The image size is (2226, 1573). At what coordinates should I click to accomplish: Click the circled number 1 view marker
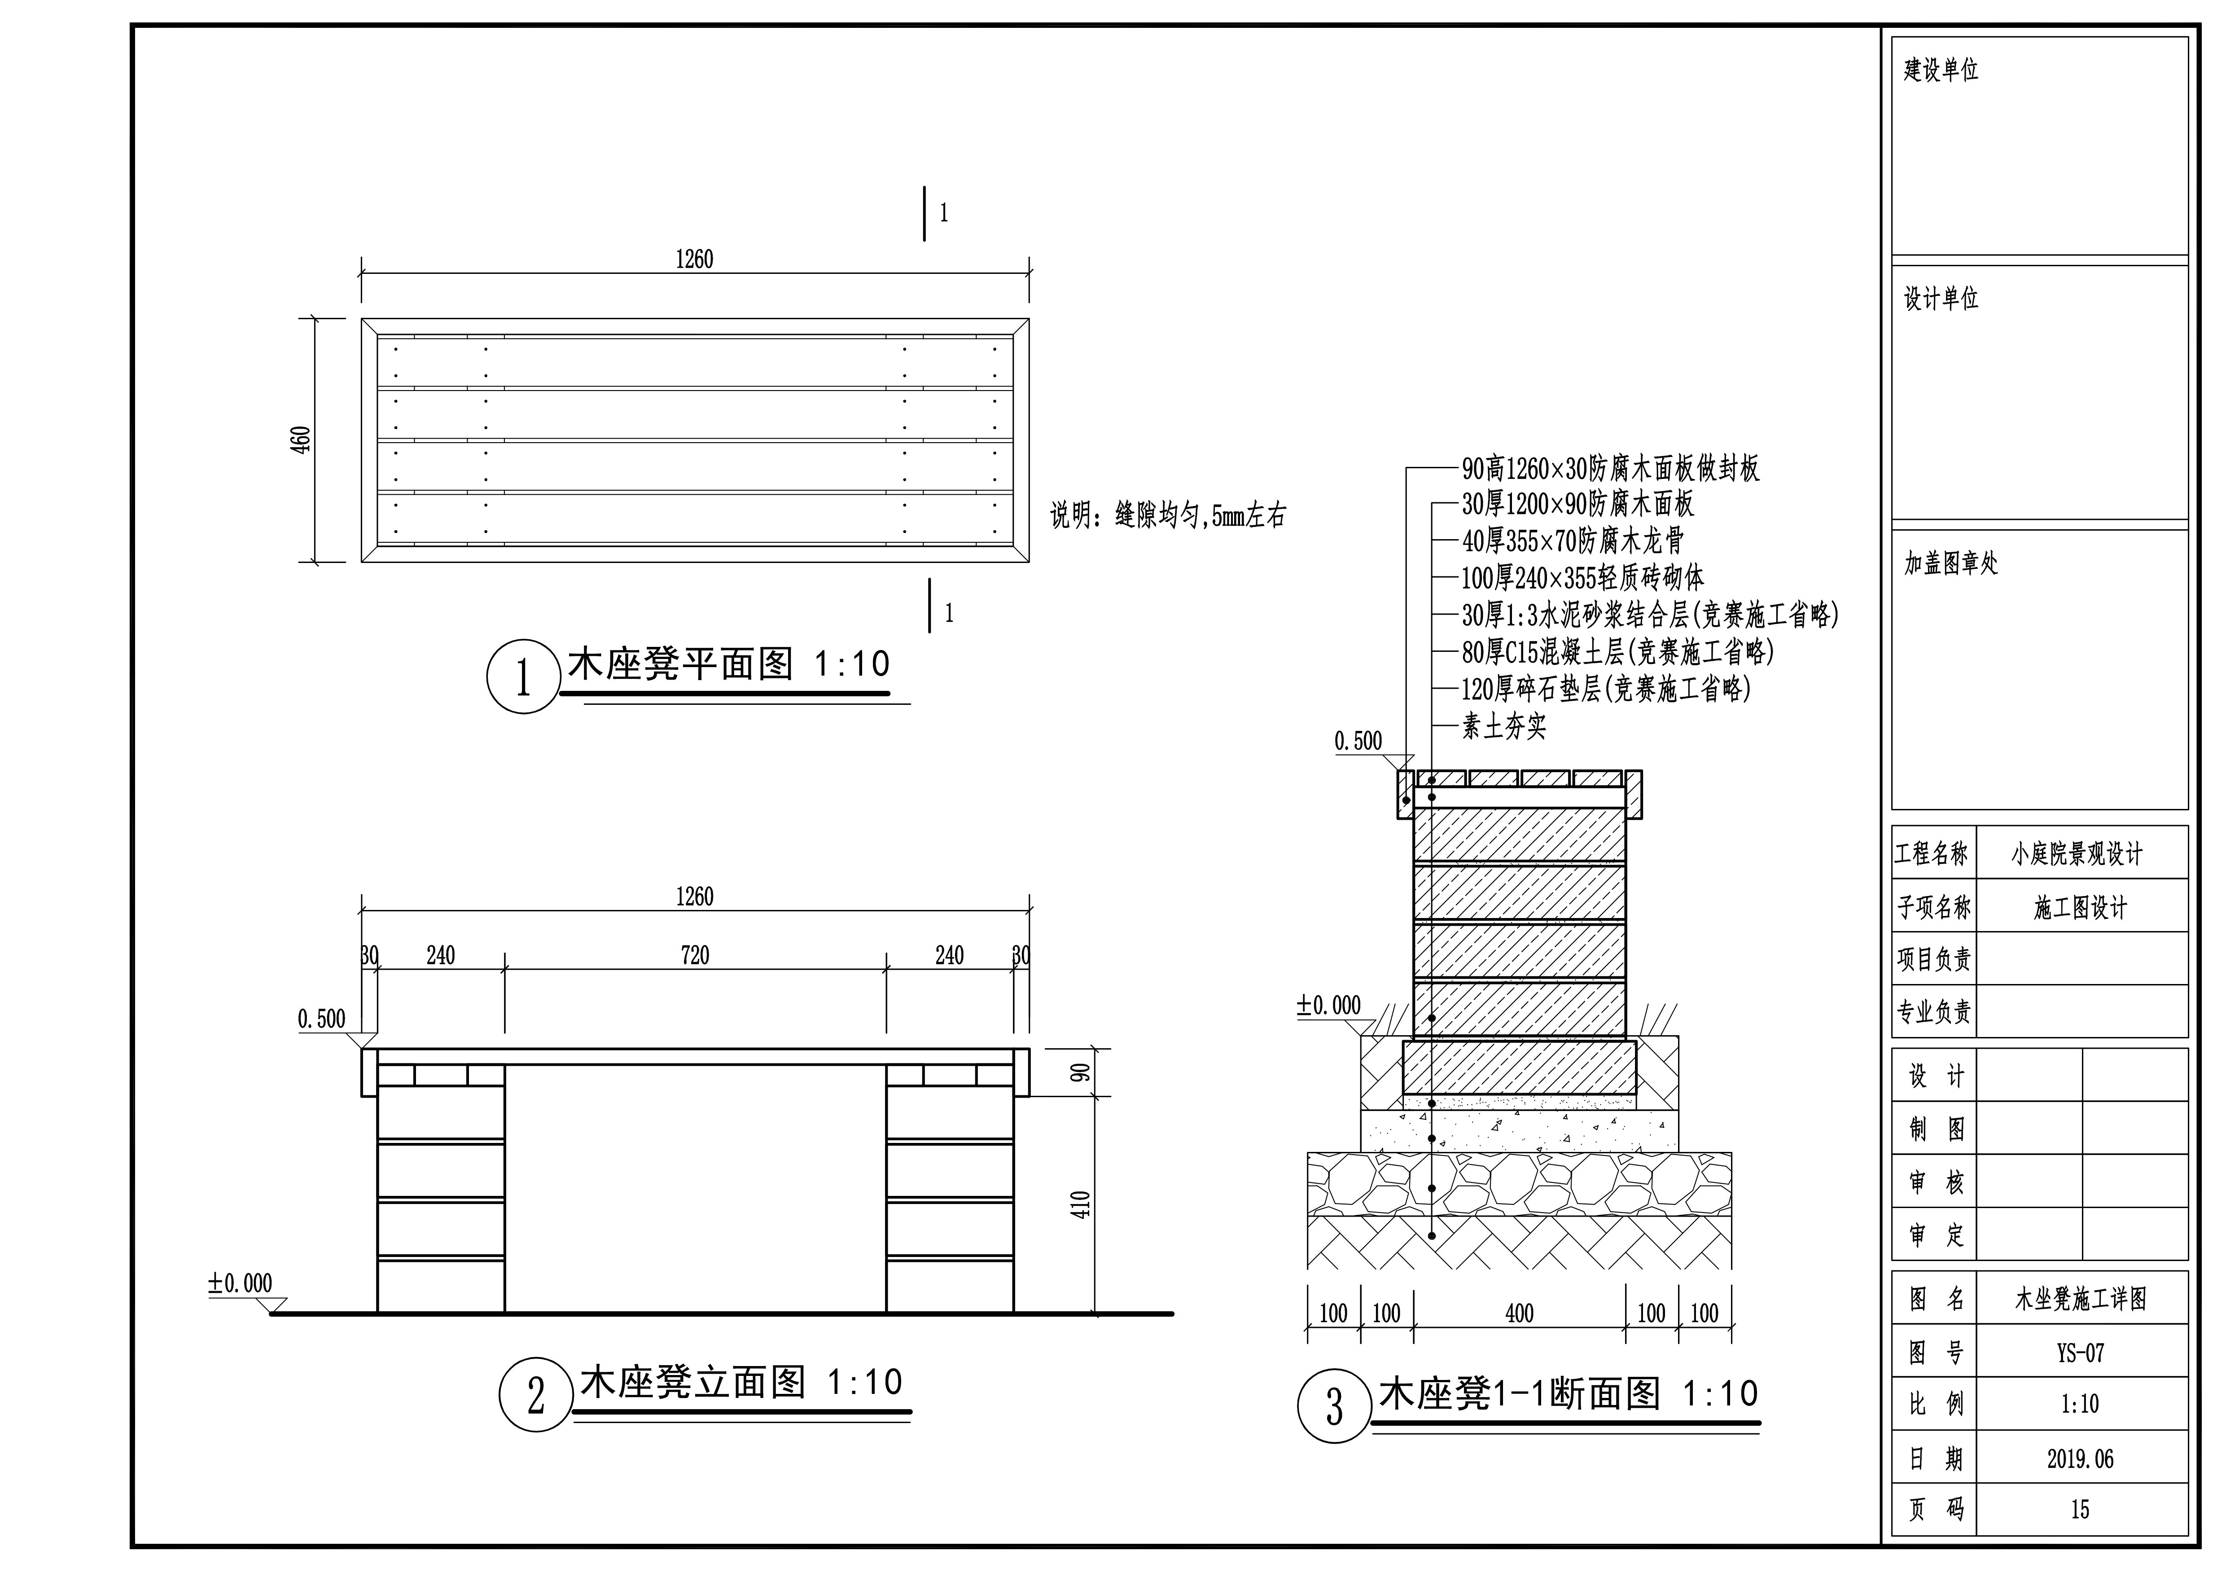point(524,677)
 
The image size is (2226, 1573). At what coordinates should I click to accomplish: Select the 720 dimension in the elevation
point(695,955)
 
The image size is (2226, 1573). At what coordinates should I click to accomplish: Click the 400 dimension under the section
point(1519,1313)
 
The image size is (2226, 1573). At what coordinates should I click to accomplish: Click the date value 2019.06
point(2081,1459)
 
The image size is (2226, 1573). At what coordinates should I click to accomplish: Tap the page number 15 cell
point(2081,1509)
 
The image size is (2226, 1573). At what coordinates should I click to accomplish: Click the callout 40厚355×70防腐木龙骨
point(1573,540)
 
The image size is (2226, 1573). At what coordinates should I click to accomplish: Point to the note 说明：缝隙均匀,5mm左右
point(1168,515)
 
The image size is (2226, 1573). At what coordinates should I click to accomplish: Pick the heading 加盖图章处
point(1950,563)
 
